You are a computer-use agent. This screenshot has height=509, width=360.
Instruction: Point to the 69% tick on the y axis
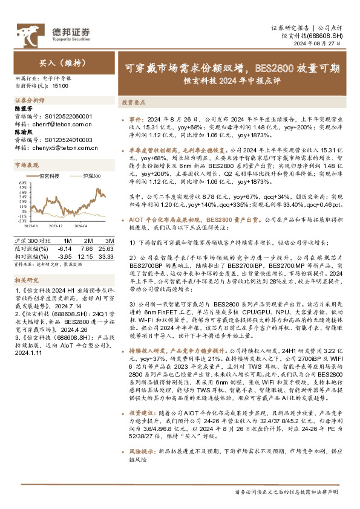point(22,182)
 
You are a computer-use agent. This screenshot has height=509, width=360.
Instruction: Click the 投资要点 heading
point(132,103)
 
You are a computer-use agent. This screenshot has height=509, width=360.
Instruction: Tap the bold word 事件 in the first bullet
point(136,120)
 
